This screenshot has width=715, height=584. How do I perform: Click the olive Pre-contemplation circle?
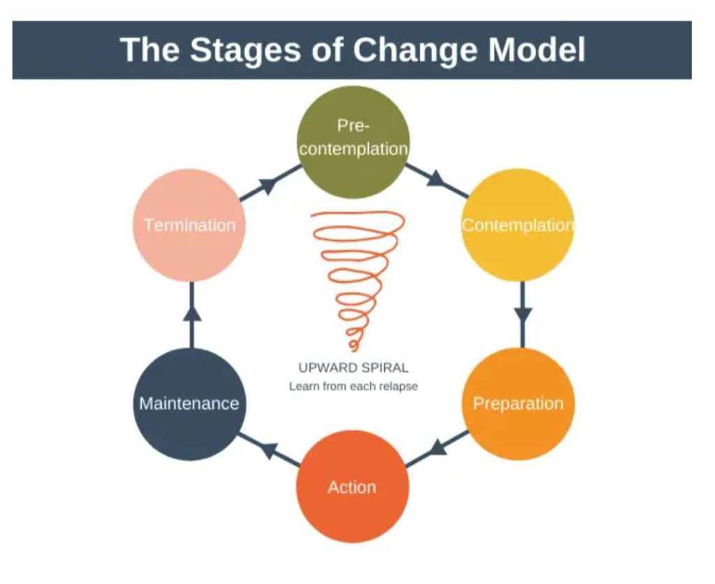point(353,142)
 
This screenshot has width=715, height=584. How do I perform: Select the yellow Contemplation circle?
point(518,225)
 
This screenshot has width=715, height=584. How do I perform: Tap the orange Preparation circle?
point(518,403)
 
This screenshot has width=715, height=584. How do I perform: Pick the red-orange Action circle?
point(353,486)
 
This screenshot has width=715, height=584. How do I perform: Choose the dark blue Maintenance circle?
point(189,404)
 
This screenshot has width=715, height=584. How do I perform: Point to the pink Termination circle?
point(189,225)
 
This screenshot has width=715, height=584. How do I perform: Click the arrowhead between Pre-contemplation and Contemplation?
point(436,178)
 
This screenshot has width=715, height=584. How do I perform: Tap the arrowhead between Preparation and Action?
point(438,447)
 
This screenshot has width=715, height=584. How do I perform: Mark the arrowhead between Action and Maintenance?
point(269,450)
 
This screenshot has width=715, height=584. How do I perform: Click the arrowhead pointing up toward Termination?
point(192,313)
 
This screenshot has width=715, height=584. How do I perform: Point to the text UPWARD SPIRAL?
point(353,367)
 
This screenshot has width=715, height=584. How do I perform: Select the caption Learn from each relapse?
point(353,387)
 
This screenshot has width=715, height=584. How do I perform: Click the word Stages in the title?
point(245,50)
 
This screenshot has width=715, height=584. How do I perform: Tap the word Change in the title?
point(415,50)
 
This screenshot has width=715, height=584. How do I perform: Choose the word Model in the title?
point(537,50)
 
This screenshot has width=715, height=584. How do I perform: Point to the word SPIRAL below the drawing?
point(384,367)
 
